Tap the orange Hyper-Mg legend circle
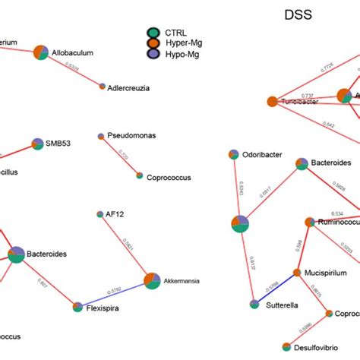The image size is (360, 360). (153, 43)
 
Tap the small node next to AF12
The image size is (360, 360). (100, 215)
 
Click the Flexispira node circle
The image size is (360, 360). (77, 307)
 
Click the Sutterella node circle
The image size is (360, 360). (254, 304)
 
